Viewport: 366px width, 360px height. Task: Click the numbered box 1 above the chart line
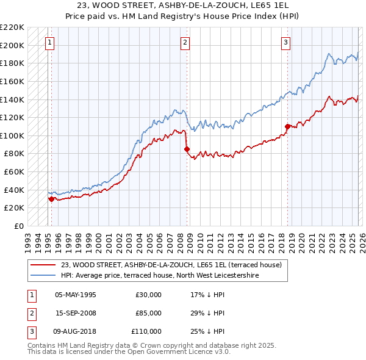click(49, 42)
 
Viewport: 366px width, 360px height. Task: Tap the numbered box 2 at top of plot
click(185, 42)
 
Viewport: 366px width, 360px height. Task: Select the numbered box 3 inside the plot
click(285, 42)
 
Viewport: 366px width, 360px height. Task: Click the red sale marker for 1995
click(51, 198)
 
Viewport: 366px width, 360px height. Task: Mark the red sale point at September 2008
click(187, 149)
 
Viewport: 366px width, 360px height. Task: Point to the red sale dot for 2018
click(287, 126)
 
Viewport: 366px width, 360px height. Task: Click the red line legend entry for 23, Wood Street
click(171, 265)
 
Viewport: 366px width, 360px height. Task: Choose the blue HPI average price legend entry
click(160, 276)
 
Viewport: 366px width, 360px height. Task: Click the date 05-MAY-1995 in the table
click(76, 294)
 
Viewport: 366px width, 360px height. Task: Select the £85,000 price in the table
click(149, 313)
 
